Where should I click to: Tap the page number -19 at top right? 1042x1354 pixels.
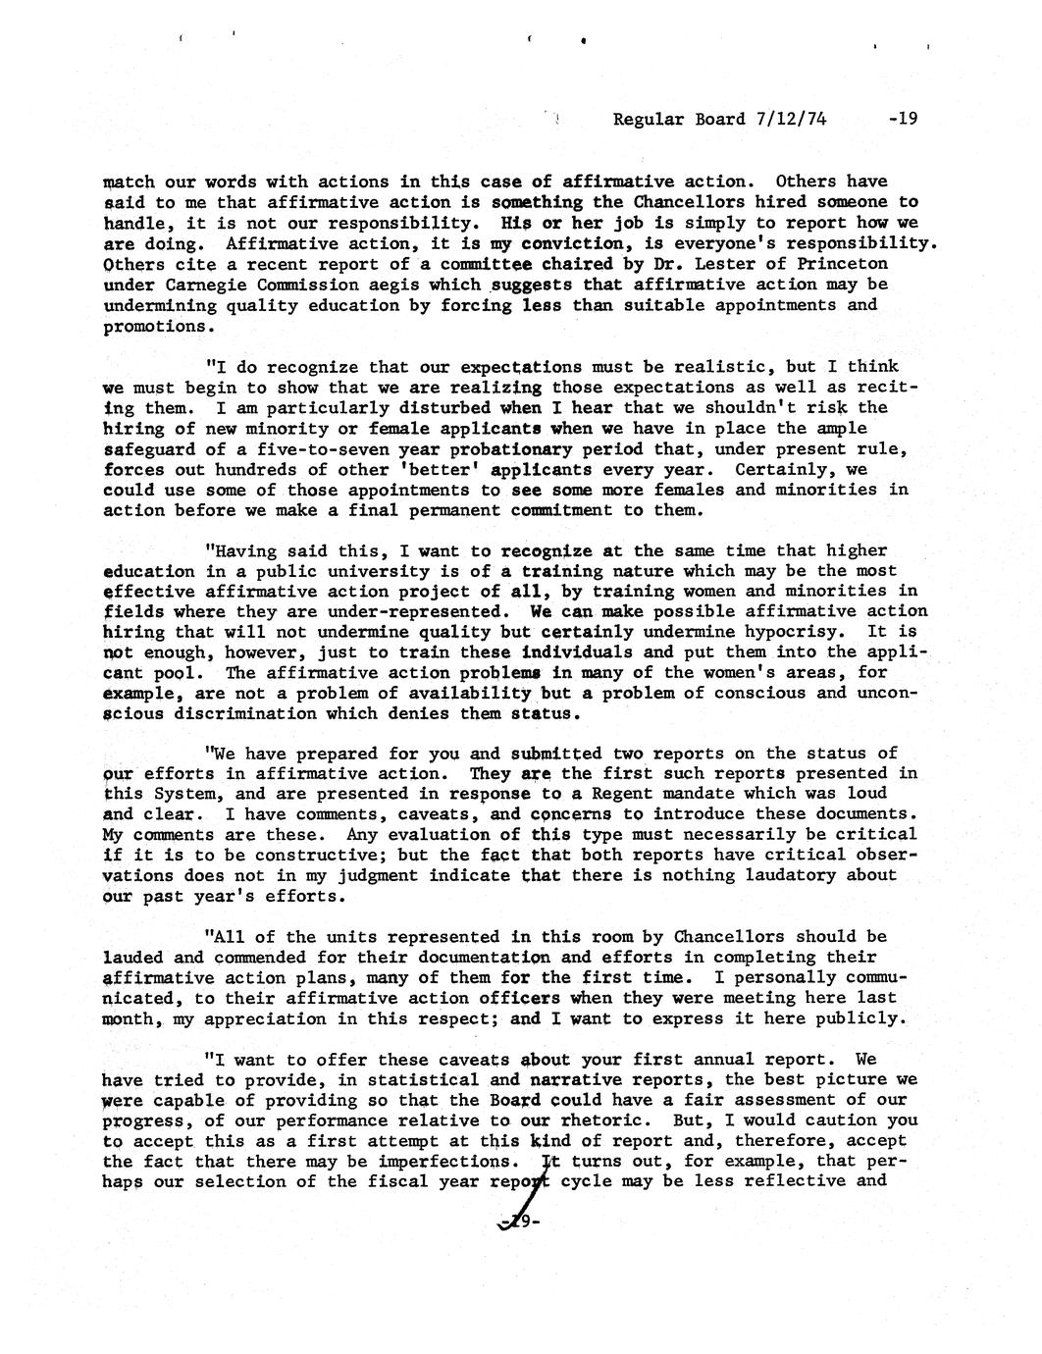pyautogui.click(x=901, y=120)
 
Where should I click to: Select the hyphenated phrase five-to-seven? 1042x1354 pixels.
pyautogui.click(x=302, y=448)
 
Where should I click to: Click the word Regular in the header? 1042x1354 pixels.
pyautogui.click(x=651, y=120)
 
